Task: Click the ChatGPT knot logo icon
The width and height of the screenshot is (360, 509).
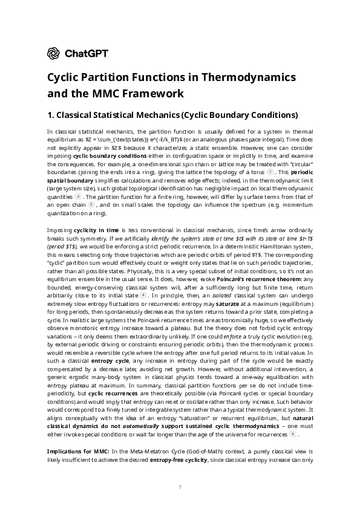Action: pos(53,53)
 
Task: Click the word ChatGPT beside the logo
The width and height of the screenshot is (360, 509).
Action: pos(86,53)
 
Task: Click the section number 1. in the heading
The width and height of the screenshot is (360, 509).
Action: pos(51,114)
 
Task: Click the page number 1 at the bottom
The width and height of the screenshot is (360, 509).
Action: pos(180,487)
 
